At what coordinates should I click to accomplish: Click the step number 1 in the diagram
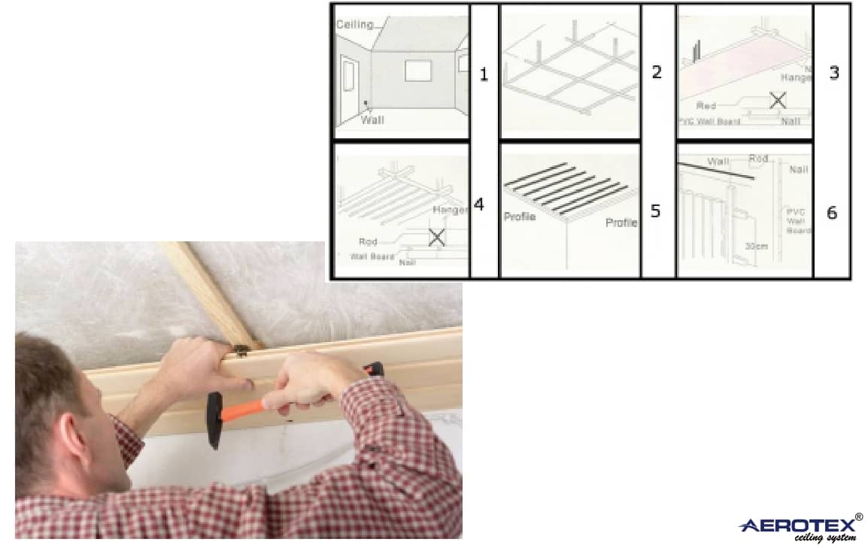[x=484, y=74]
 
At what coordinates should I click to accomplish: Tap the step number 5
[x=655, y=211]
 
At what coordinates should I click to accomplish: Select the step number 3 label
[x=833, y=74]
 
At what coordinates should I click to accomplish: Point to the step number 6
[x=831, y=213]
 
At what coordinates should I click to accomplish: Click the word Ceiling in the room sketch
[x=354, y=24]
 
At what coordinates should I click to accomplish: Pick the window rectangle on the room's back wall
[x=417, y=71]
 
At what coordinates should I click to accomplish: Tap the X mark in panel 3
[x=778, y=100]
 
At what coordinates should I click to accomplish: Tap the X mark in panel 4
[x=436, y=238]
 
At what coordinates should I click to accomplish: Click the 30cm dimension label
[x=757, y=246]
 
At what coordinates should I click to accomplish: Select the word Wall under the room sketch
[x=372, y=120]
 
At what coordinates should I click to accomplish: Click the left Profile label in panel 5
[x=519, y=216]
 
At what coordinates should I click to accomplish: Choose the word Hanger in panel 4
[x=450, y=210]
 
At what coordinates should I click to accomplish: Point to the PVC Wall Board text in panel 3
[x=708, y=121]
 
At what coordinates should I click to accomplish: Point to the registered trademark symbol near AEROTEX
[x=859, y=517]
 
